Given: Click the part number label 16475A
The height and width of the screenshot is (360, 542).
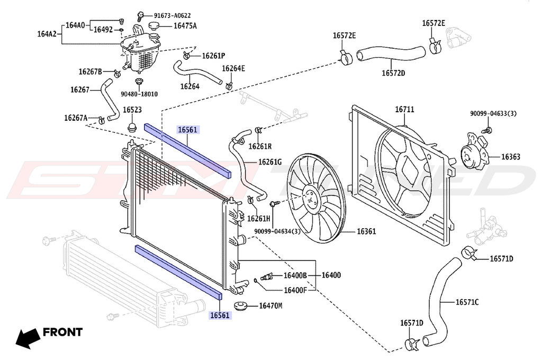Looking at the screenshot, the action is click(x=185, y=26).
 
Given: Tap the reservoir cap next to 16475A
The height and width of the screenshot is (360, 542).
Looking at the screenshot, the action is click(x=154, y=26).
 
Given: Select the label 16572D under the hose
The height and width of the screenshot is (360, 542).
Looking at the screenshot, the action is click(x=393, y=73).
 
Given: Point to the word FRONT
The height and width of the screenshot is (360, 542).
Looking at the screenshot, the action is click(x=62, y=332).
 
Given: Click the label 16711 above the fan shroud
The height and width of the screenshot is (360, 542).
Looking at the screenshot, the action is click(x=404, y=110).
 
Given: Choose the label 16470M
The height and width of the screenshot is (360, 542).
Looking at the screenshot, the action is click(x=270, y=305).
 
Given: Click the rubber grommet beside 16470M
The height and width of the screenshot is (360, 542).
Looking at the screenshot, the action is click(x=241, y=307).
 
